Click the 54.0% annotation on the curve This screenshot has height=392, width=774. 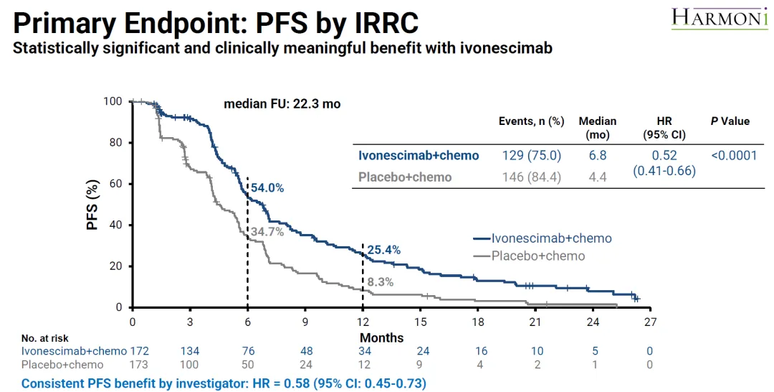click(x=267, y=188)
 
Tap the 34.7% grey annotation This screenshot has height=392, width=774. click(x=267, y=232)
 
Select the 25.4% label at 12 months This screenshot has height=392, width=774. click(x=383, y=250)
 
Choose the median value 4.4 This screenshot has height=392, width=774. click(x=597, y=177)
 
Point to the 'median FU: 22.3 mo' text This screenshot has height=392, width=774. click(x=282, y=103)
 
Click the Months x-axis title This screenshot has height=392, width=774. click(x=381, y=337)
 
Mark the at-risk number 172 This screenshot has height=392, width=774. click(x=138, y=351)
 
